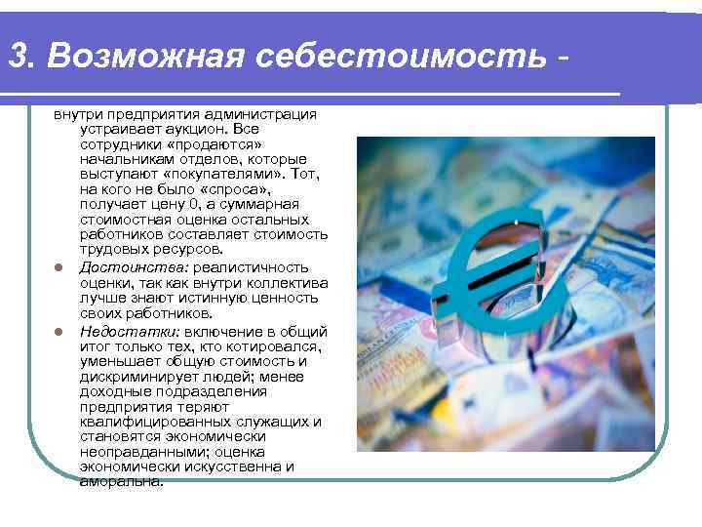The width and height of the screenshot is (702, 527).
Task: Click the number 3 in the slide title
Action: coord(17,56)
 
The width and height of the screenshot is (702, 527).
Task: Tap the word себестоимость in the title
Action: coord(403,56)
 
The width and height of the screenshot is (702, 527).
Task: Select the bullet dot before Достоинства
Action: coord(58,268)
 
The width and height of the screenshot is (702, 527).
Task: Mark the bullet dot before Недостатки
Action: coord(58,332)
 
